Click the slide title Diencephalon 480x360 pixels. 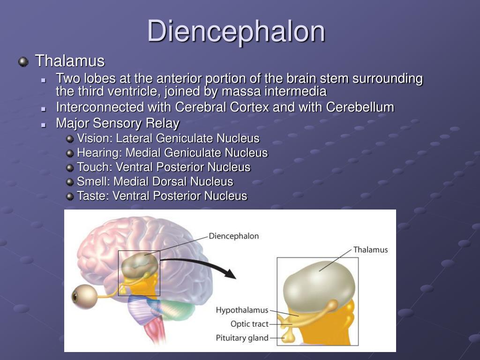tap(236, 31)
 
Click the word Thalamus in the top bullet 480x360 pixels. tap(70, 61)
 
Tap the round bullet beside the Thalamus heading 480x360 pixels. tap(23, 61)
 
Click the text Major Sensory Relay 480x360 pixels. tap(118, 123)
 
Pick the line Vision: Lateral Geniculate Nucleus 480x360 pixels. tap(168, 138)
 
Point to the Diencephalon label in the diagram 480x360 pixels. tap(233, 236)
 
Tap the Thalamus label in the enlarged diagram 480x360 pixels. tap(370, 250)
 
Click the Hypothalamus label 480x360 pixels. tap(242, 310)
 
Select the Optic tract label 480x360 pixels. tap(249, 324)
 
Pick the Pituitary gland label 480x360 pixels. tap(242, 337)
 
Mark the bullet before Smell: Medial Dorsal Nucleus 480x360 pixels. tap(70, 182)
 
